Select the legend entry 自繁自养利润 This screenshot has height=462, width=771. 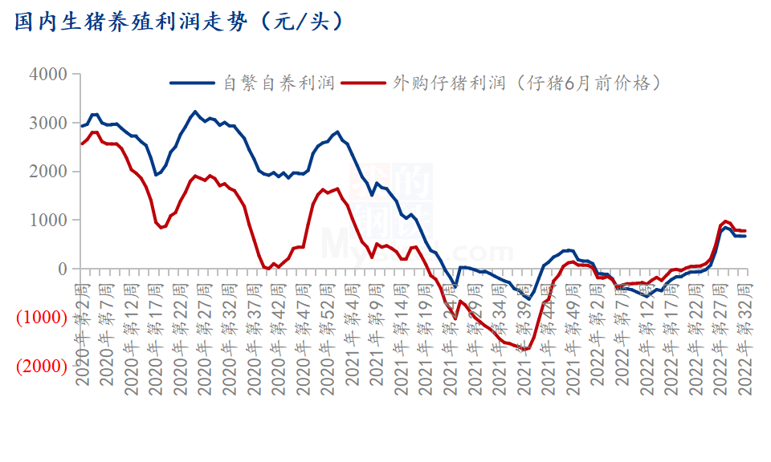tap(278, 83)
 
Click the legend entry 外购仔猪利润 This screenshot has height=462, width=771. tap(448, 83)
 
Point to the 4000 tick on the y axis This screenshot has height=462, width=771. tap(47, 75)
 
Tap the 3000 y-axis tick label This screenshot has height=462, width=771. tap(47, 124)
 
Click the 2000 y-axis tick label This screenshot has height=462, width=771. tap(47, 172)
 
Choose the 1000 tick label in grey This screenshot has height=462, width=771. tap(47, 221)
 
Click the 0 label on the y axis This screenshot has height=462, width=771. tap(60, 269)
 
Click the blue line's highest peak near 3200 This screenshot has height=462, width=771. tap(194, 111)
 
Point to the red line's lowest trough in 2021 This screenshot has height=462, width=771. tap(527, 349)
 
